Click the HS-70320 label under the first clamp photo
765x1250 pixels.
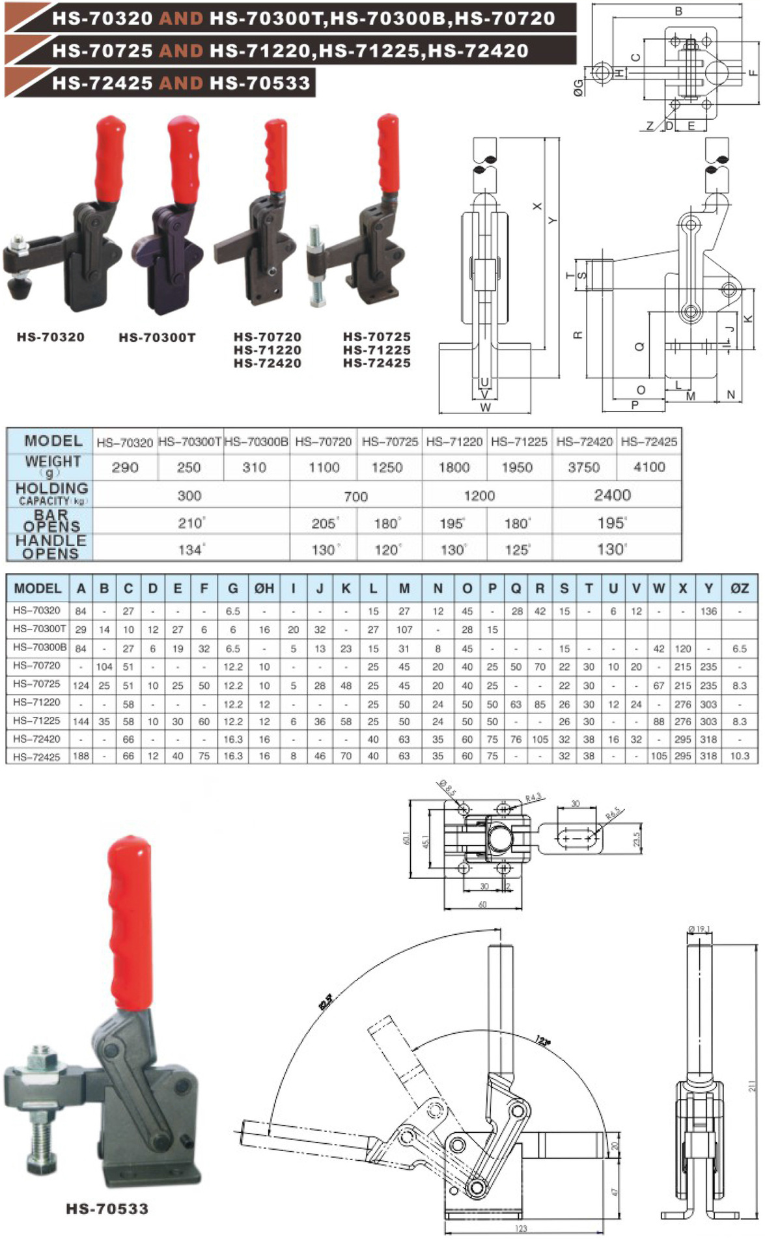[51, 337]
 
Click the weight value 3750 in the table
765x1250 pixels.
[583, 467]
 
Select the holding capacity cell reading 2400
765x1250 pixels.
[612, 495]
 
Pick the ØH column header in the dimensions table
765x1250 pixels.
[264, 589]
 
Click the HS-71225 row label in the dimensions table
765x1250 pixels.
[36, 721]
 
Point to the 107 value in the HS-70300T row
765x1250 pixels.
[404, 630]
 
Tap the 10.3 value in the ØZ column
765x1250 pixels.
[739, 756]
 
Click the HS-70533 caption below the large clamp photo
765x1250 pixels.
[107, 1209]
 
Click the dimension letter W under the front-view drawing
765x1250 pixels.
[485, 408]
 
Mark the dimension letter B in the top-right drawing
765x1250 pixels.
[678, 11]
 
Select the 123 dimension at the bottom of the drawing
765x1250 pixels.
[521, 1229]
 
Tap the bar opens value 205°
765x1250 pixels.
[324, 523]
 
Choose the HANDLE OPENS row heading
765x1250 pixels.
[51, 548]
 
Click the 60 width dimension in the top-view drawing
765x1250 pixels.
[482, 904]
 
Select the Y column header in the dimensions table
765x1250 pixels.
[708, 589]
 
